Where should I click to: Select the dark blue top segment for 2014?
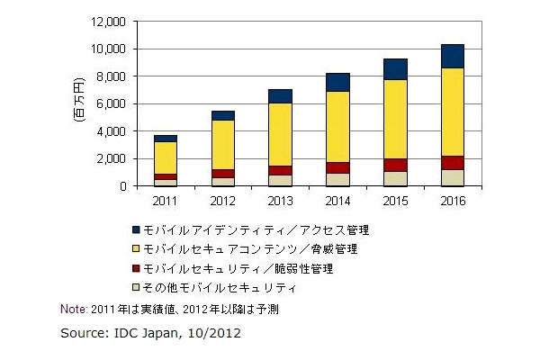(337, 82)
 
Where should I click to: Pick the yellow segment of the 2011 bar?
(166, 157)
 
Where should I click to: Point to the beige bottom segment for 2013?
(280, 180)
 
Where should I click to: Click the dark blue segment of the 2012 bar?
(222, 115)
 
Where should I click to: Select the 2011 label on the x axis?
(166, 200)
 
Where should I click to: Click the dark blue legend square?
(135, 230)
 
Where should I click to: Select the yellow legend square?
(135, 249)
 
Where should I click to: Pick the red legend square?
(135, 268)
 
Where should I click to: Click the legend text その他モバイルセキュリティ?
(220, 287)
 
